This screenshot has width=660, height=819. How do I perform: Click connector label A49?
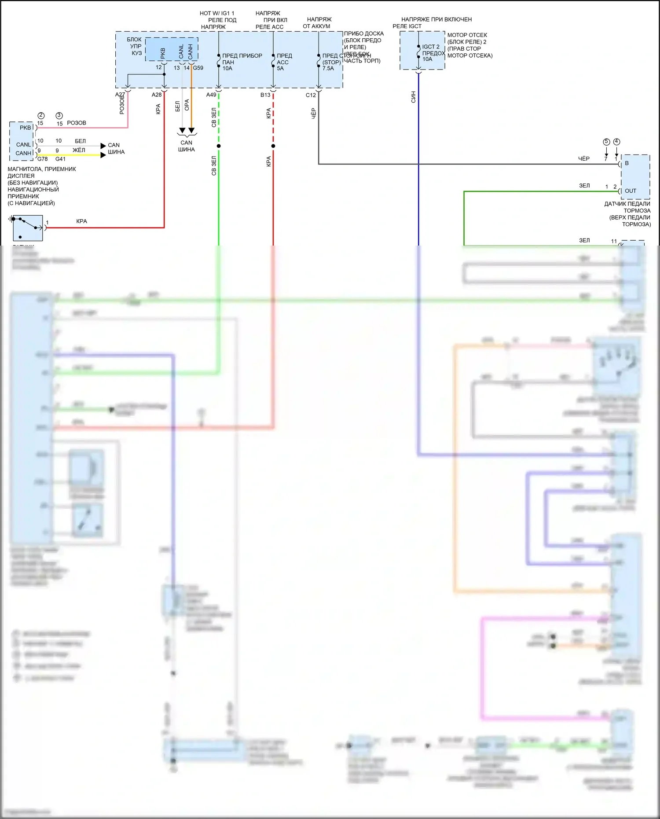211,95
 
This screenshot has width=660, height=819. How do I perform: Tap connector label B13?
265,95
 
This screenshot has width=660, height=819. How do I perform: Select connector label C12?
311,95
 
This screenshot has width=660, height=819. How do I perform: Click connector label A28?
157,95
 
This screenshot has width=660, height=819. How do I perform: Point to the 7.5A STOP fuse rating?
328,69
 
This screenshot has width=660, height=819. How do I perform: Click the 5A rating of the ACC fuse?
280,69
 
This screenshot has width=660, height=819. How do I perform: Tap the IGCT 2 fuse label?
431,47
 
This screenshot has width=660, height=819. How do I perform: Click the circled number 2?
41,116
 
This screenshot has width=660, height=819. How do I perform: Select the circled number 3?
59,116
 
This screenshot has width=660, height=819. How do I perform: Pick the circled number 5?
606,142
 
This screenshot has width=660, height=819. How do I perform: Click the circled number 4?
616,142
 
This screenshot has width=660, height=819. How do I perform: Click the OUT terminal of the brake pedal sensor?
631,191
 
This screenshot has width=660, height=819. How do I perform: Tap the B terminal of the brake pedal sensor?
627,163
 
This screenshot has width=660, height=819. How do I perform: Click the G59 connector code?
198,68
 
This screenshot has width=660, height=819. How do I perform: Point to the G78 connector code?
42,159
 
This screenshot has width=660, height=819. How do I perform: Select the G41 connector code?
60,159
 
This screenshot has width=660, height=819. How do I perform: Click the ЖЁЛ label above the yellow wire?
79,150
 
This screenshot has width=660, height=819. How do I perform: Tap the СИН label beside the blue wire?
413,97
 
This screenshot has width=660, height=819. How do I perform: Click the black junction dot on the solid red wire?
273,146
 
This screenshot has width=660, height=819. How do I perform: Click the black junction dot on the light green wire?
219,146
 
